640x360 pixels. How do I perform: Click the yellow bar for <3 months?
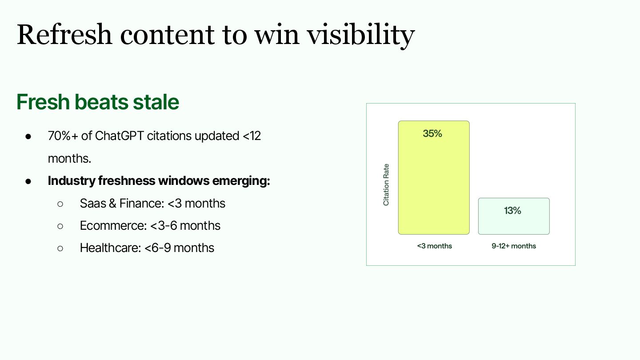click(434, 177)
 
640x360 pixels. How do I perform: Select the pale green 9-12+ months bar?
click(514, 216)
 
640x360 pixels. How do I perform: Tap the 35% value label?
click(432, 133)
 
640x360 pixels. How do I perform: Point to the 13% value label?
click(512, 211)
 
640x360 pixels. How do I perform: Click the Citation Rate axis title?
click(386, 184)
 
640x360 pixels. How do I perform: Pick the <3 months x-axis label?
click(434, 246)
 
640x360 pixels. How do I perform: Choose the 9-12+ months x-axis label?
click(514, 246)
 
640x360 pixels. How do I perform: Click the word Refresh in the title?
click(64, 35)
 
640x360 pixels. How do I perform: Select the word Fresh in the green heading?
click(43, 102)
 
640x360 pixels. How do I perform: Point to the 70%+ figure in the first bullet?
click(63, 136)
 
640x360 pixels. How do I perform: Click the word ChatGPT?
click(119, 136)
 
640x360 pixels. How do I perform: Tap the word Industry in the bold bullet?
click(72, 181)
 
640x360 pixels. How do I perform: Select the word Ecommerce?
click(113, 226)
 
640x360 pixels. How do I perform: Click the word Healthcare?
click(111, 248)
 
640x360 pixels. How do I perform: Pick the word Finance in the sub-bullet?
click(142, 204)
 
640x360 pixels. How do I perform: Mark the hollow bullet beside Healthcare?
click(60, 248)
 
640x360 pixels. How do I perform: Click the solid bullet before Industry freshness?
click(28, 181)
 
